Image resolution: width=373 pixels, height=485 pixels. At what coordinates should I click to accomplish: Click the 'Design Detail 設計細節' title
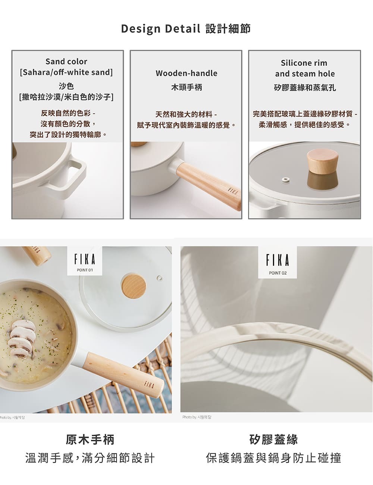186,29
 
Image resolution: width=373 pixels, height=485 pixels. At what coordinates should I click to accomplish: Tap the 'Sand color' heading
66,62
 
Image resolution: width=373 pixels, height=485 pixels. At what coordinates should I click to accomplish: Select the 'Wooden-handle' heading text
186,73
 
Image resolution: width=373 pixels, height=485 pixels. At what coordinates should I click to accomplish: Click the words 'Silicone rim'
304,63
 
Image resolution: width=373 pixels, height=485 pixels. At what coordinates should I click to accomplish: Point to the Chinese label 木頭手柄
186,87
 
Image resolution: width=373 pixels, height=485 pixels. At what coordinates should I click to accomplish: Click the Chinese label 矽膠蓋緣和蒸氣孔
305,88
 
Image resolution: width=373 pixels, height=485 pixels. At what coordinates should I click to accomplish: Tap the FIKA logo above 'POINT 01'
85,259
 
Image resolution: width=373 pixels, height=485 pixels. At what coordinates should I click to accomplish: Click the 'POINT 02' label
278,273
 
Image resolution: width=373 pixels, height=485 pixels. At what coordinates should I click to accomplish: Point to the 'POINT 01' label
85,270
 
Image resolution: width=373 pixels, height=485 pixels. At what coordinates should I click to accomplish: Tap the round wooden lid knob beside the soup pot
134,286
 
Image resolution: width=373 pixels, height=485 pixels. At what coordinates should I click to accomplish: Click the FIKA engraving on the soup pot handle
148,384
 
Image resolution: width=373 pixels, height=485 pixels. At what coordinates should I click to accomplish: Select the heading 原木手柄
90,439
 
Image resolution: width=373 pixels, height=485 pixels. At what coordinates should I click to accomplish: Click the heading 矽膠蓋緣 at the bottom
273,439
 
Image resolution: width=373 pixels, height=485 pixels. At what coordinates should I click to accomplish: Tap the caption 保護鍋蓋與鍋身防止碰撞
273,458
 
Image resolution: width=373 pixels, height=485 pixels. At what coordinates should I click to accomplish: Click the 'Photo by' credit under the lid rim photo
197,417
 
